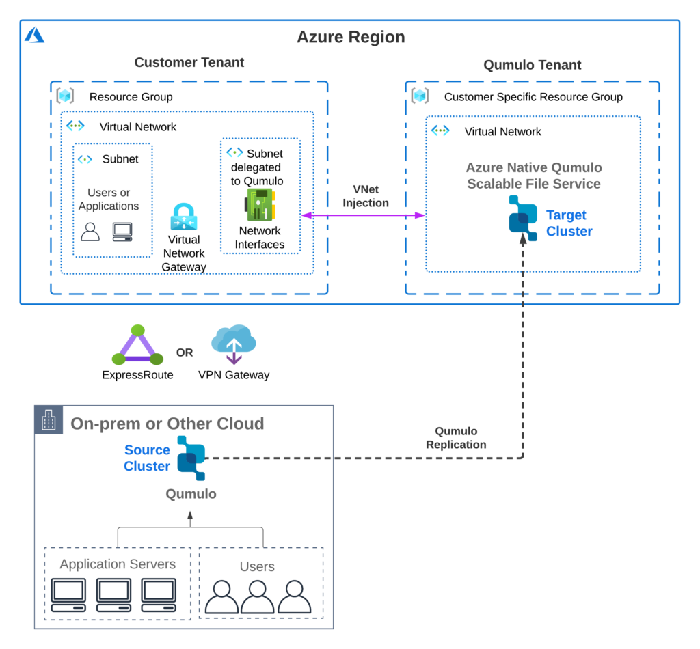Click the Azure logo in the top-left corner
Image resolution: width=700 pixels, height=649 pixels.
pyautogui.click(x=34, y=35)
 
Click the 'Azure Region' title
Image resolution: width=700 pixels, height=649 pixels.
pyautogui.click(x=351, y=37)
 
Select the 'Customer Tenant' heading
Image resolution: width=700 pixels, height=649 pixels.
pyautogui.click(x=189, y=63)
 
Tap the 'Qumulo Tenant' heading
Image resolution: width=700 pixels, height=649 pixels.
pyautogui.click(x=533, y=66)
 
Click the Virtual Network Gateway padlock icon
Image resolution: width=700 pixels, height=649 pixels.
pyautogui.click(x=183, y=217)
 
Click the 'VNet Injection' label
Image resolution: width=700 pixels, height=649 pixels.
pyautogui.click(x=366, y=196)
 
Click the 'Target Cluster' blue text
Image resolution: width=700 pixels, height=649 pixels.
pyautogui.click(x=569, y=223)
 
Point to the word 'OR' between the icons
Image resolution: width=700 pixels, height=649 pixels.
pyautogui.click(x=185, y=353)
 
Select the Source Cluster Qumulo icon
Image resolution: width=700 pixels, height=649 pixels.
pyautogui.click(x=191, y=457)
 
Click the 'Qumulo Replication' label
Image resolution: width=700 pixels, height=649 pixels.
pyautogui.click(x=456, y=438)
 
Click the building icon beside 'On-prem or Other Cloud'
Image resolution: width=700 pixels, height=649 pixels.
pyautogui.click(x=49, y=421)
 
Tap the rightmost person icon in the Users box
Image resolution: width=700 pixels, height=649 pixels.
pyautogui.click(x=295, y=597)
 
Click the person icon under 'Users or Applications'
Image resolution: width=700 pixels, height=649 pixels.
pyautogui.click(x=90, y=232)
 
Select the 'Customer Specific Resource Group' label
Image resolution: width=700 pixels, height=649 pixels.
pyautogui.click(x=533, y=97)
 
